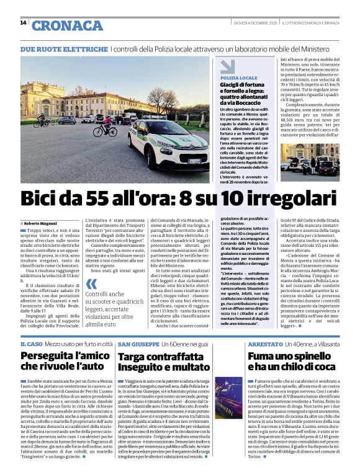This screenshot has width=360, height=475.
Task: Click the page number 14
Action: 23,23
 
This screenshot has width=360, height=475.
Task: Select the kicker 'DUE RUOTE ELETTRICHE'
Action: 64,48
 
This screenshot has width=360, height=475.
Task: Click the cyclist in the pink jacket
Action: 107,123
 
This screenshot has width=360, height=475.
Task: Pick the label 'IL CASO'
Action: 30,344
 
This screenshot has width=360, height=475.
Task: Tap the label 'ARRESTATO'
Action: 265,344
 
